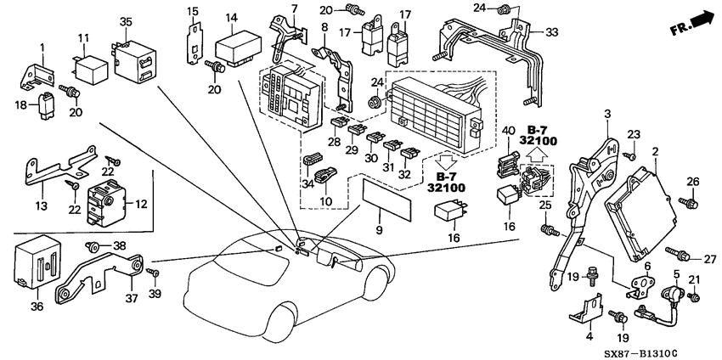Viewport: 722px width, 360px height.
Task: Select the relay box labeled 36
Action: pos(37,259)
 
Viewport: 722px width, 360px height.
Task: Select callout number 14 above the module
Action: pos(231,18)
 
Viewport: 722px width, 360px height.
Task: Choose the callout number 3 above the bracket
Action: pos(607,113)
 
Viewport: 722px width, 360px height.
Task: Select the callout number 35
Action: pos(126,20)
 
